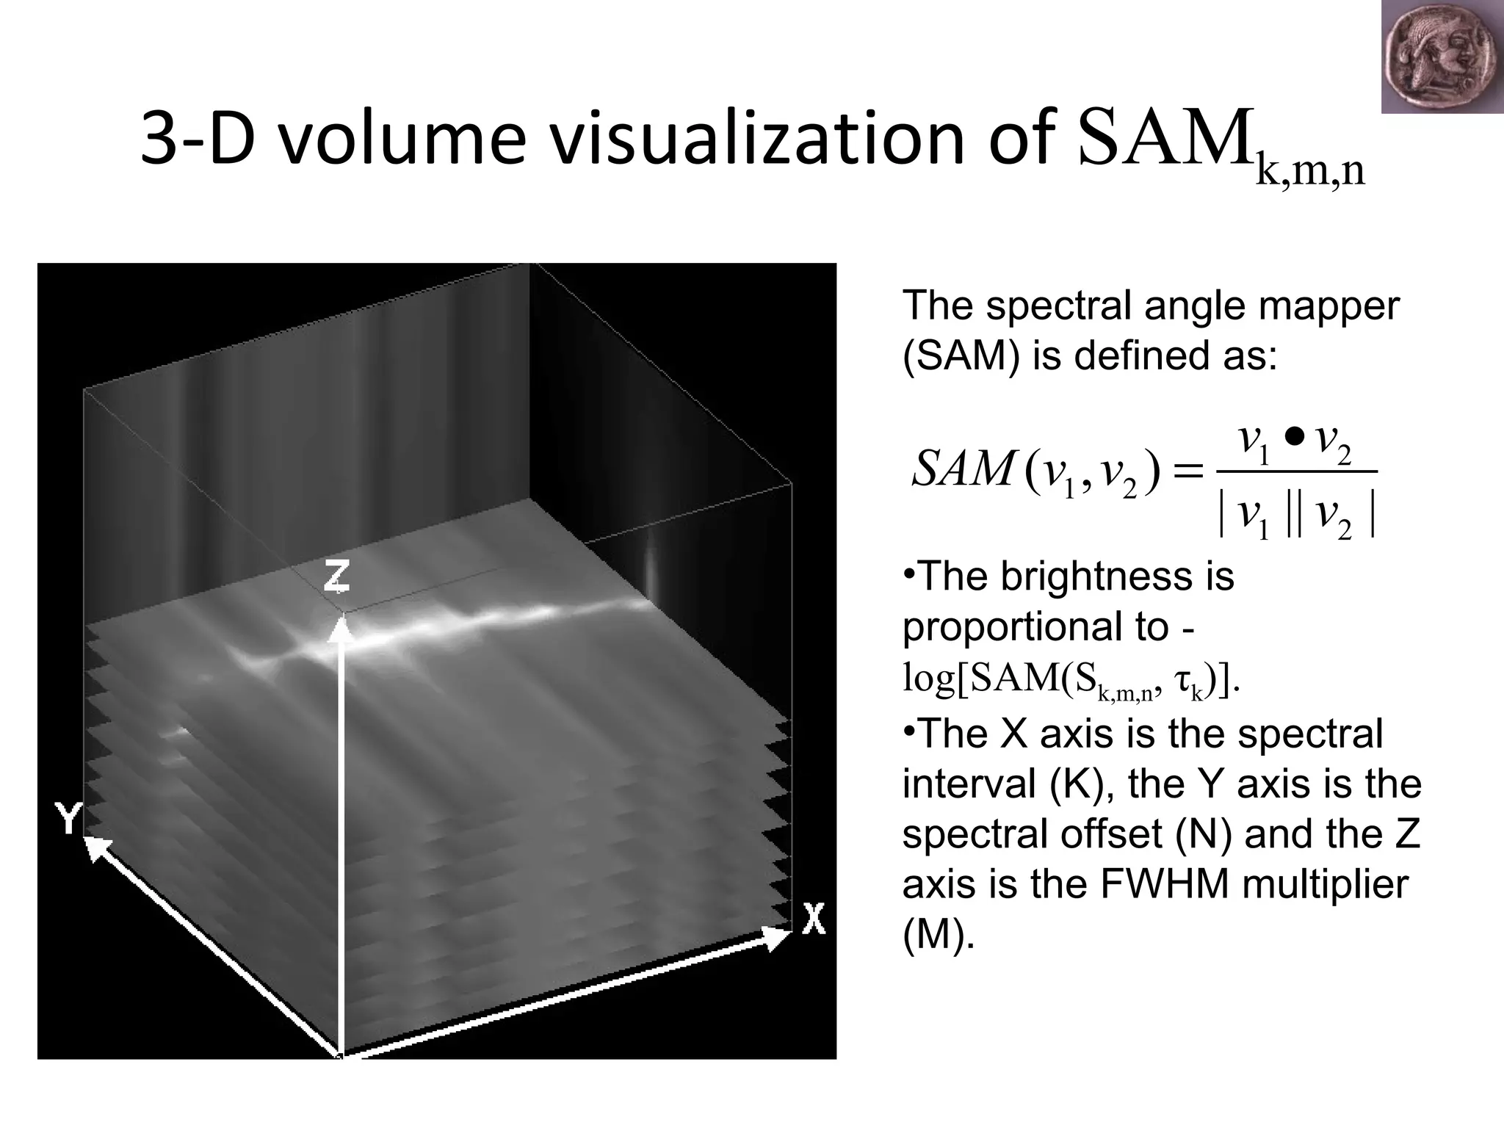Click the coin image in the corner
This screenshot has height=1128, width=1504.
pos(1442,57)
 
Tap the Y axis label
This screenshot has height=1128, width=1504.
pos(68,818)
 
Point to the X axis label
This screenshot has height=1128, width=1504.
pos(814,919)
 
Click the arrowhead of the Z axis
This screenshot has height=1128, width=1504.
pos(339,629)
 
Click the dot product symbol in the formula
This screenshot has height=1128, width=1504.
pos(1294,438)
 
